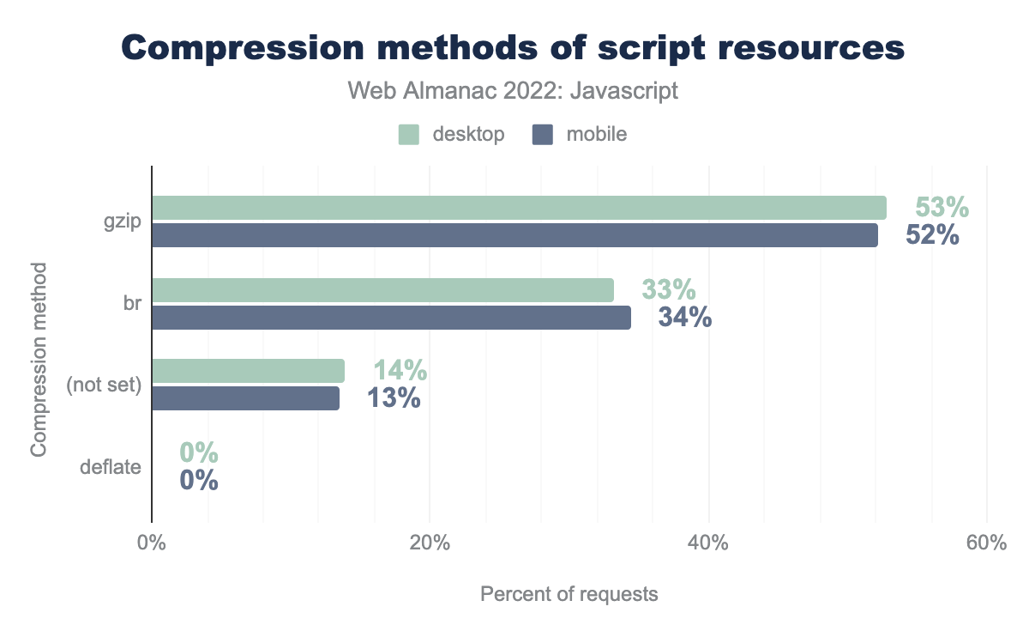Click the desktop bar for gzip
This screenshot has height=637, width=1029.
tap(519, 208)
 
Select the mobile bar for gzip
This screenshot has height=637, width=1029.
tap(514, 235)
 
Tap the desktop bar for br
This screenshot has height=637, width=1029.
tap(382, 290)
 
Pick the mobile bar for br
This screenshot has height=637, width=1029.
tap(391, 318)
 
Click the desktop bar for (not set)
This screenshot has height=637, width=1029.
tap(248, 371)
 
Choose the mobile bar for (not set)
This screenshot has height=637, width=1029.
tap(245, 398)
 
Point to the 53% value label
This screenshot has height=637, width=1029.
tap(942, 208)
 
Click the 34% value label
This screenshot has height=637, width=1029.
tap(684, 318)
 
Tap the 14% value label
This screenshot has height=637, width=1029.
tap(400, 371)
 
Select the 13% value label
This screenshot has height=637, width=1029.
tap(394, 398)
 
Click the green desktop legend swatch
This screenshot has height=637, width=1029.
tap(408, 134)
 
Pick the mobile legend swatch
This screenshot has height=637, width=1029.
tap(542, 134)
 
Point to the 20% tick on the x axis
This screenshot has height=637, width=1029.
tap(430, 544)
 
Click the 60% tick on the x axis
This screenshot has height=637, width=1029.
tap(986, 544)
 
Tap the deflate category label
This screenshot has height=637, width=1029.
tap(110, 468)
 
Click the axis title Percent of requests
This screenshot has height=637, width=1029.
tap(569, 593)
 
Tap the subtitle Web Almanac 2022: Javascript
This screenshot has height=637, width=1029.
tap(513, 91)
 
